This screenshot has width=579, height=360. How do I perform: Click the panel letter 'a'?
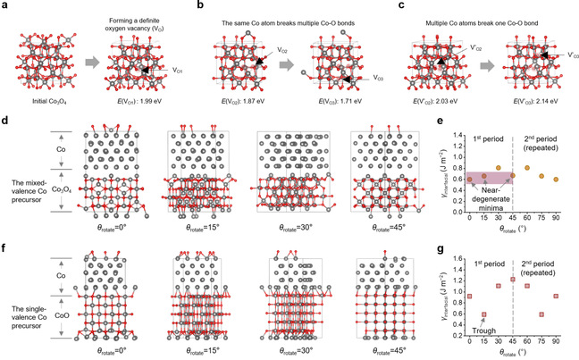pos(6,6)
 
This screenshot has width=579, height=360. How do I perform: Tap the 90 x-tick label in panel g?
pos(556,347)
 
